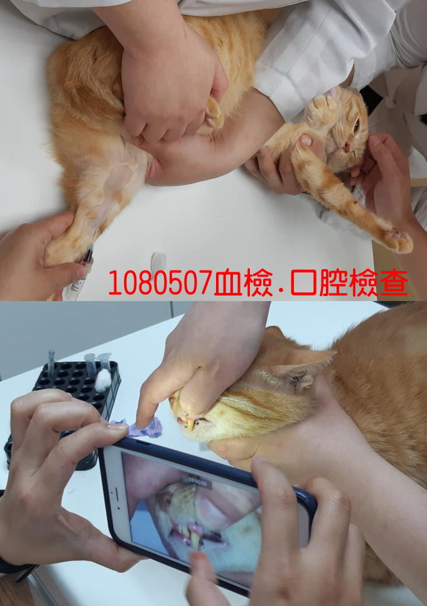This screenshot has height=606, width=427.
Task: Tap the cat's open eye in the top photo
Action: coord(356,125)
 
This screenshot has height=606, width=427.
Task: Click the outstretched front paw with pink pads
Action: coord(397,240)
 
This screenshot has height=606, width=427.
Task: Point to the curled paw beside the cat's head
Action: coord(322,109)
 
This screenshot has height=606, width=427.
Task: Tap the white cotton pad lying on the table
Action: coord(158,262)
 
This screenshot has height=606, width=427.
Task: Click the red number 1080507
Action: coord(160,283)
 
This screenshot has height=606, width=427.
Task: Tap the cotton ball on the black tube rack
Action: coord(103,380)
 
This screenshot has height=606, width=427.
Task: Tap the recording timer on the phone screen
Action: coord(198,483)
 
